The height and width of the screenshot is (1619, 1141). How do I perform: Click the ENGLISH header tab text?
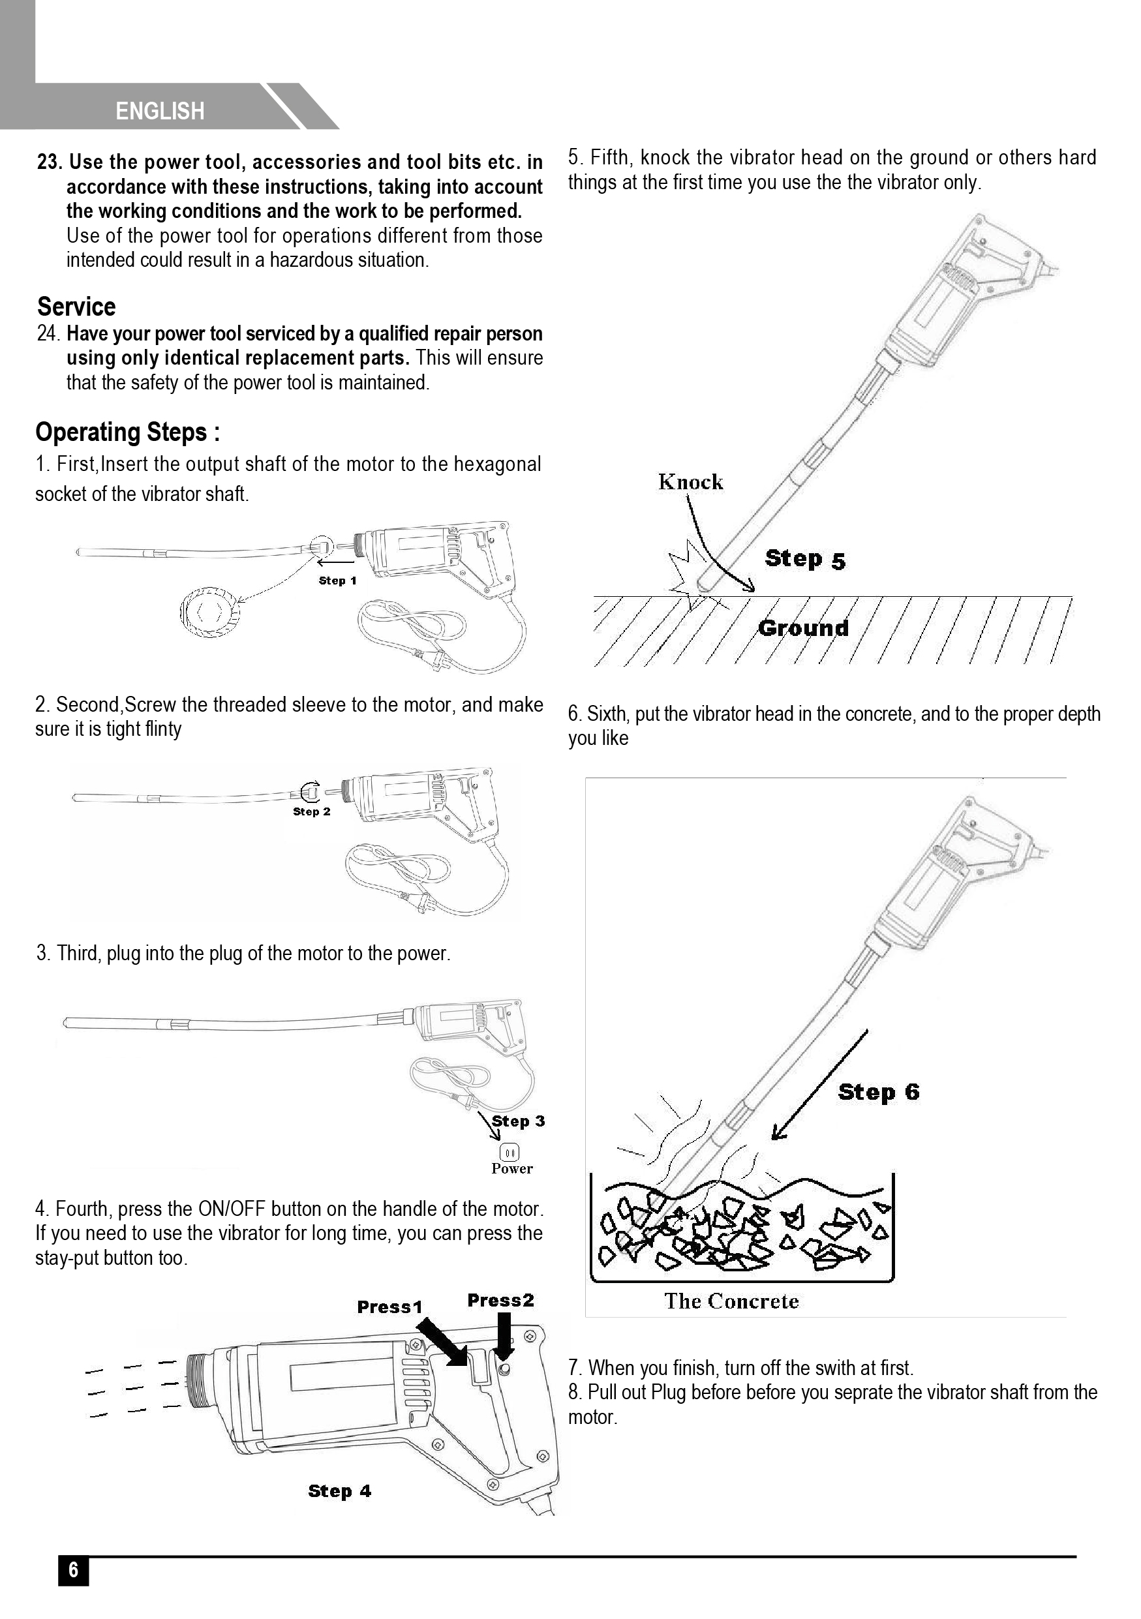[x=160, y=112]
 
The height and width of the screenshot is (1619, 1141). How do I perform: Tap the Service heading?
[x=76, y=307]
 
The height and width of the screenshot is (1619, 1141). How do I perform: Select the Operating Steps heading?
[x=128, y=432]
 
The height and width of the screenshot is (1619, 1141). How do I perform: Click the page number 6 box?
[x=73, y=1570]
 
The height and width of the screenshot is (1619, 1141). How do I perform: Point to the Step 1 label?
[x=337, y=581]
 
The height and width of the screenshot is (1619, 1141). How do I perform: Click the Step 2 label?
[x=312, y=811]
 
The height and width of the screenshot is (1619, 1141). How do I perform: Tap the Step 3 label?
[x=519, y=1121]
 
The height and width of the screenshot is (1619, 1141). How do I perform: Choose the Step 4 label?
[x=339, y=1490]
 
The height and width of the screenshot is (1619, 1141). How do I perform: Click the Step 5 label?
[x=804, y=559]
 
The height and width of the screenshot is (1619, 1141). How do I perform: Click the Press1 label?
[x=389, y=1307]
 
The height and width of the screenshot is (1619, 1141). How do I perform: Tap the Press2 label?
[x=500, y=1300]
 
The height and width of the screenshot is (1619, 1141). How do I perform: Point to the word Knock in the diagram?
[x=690, y=482]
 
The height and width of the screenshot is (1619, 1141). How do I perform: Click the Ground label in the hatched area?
[x=803, y=628]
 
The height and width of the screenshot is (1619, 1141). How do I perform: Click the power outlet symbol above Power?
[x=509, y=1152]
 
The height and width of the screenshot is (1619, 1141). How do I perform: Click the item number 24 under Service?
[x=49, y=333]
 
